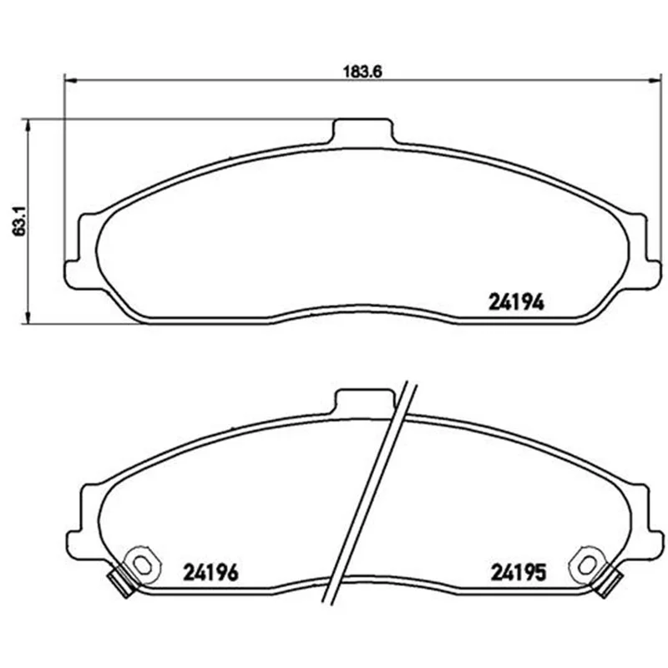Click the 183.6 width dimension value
[362, 72]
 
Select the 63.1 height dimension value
[19, 221]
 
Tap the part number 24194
[516, 302]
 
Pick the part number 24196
[210, 572]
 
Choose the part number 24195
[518, 572]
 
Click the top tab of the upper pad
[362, 130]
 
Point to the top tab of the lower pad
[366, 401]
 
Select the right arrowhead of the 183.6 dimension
[655, 79]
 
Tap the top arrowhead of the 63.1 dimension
[28, 125]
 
